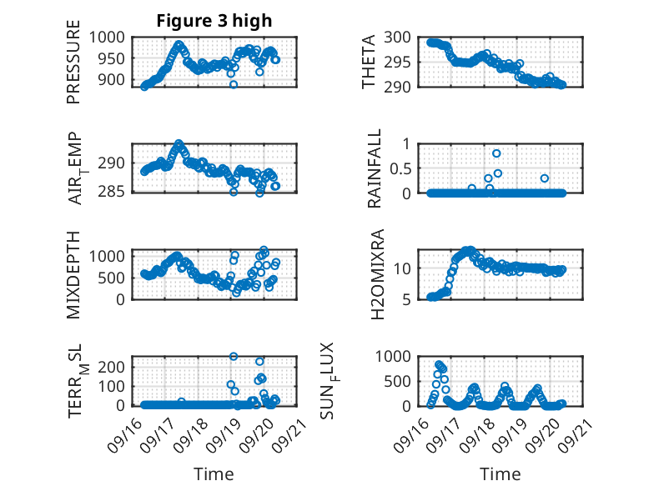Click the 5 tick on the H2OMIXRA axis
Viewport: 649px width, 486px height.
[413, 298]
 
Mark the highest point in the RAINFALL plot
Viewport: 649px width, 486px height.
[496, 153]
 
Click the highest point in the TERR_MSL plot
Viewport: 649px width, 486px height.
[234, 357]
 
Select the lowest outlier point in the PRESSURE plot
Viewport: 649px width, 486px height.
[234, 84]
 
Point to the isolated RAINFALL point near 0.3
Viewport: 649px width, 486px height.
[544, 178]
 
